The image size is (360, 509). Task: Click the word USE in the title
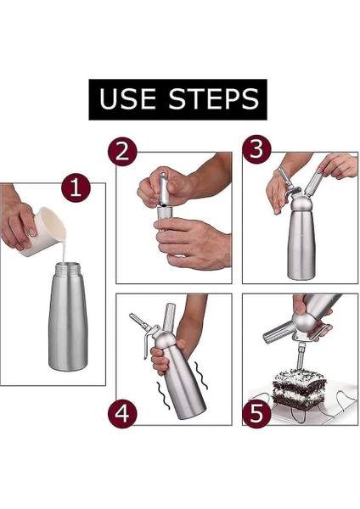tap(127, 98)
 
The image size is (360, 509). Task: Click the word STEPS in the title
tap(213, 98)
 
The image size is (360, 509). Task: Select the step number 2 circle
tap(122, 151)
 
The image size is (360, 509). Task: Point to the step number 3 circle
tap(256, 149)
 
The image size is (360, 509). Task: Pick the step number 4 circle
tap(122, 414)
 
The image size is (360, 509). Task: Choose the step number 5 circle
tap(256, 413)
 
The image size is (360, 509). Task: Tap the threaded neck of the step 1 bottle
tap(68, 268)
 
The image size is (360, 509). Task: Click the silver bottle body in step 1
tap(68, 322)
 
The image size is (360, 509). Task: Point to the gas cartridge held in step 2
tap(166, 188)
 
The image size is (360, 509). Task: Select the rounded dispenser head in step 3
tap(301, 204)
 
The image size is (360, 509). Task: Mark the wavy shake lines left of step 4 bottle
tap(163, 395)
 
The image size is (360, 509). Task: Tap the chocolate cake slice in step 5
tap(299, 389)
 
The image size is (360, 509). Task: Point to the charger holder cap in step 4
tap(170, 316)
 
